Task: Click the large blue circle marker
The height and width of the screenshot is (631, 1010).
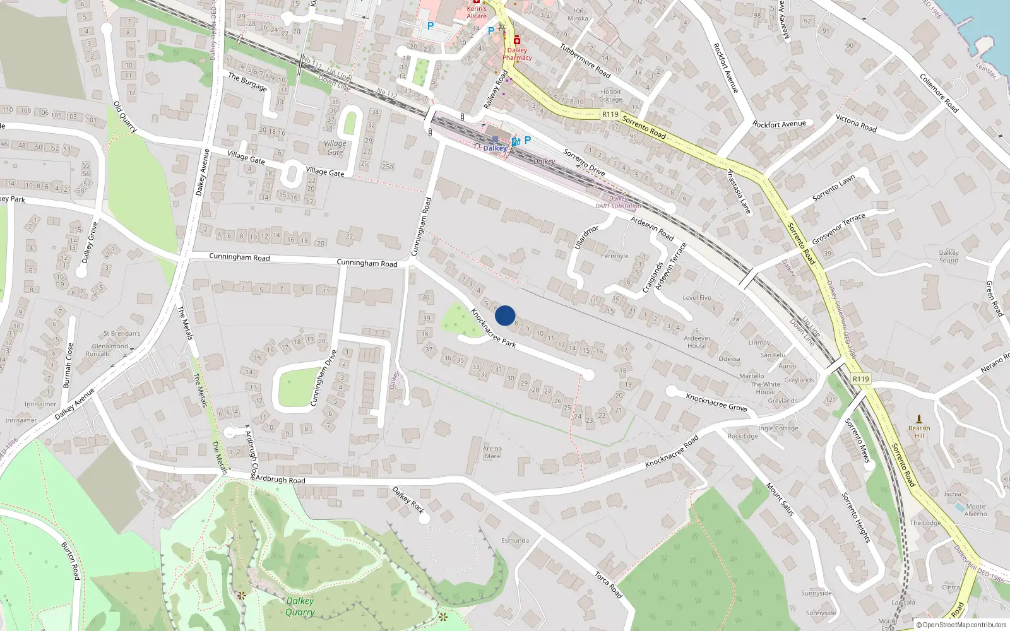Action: pos(505,315)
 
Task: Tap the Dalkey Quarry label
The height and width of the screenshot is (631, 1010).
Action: pos(300,606)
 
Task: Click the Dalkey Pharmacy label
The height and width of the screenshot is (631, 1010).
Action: pos(517,54)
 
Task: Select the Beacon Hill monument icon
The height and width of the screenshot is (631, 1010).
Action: pos(919,418)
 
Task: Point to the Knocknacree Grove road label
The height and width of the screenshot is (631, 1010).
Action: pos(716,403)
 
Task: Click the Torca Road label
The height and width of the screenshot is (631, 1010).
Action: pos(609,585)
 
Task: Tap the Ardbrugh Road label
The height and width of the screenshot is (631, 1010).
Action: pos(280,480)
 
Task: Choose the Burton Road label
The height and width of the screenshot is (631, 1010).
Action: pos(71,560)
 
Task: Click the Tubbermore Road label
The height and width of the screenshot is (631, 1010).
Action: pos(585,61)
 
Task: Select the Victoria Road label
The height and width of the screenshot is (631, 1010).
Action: pos(856,122)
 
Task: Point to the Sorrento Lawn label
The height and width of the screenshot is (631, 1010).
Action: pos(833,188)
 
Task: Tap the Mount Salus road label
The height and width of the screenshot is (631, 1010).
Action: pos(780,499)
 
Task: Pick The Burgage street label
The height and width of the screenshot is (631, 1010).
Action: pos(247,81)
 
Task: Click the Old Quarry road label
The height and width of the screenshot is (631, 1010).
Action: pos(125,117)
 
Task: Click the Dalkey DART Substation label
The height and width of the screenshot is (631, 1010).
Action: pos(618,202)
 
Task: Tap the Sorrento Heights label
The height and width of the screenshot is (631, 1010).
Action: pos(856,517)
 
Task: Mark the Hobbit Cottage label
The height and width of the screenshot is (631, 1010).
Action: pos(610,95)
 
